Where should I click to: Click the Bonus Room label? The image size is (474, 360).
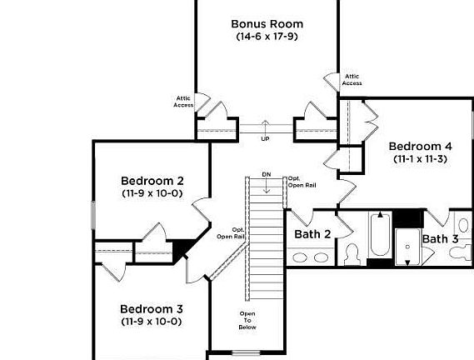267,23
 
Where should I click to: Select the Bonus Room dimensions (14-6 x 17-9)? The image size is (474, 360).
267,37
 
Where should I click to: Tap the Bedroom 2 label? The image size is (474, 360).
152,181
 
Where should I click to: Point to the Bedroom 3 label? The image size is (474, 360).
151,308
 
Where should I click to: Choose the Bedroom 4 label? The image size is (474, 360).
420,146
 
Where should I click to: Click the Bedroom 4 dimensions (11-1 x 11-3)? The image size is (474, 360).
420,158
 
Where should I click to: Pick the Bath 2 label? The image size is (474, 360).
312,234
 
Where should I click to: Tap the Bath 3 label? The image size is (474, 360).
440,239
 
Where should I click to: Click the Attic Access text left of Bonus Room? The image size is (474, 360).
183,102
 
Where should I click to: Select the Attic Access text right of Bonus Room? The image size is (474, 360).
352,79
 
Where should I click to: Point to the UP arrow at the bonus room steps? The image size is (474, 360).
266,128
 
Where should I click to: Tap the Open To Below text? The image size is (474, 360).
248,320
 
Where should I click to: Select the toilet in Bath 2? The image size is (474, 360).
352,253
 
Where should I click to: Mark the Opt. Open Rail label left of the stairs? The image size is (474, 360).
231,233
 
